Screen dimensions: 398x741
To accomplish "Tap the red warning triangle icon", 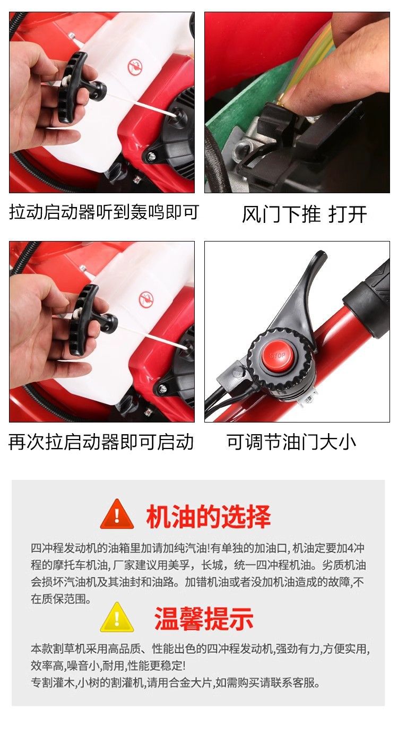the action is [117, 515].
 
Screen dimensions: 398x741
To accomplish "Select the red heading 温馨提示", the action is [204, 618].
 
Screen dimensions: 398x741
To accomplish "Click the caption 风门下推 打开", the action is [305, 214].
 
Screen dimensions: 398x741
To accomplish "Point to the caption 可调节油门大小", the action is [291, 442].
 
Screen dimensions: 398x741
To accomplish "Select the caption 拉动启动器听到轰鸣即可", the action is [104, 212].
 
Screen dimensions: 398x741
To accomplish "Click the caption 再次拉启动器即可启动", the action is [101, 442].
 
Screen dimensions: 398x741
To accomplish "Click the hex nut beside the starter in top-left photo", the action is [152, 155].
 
